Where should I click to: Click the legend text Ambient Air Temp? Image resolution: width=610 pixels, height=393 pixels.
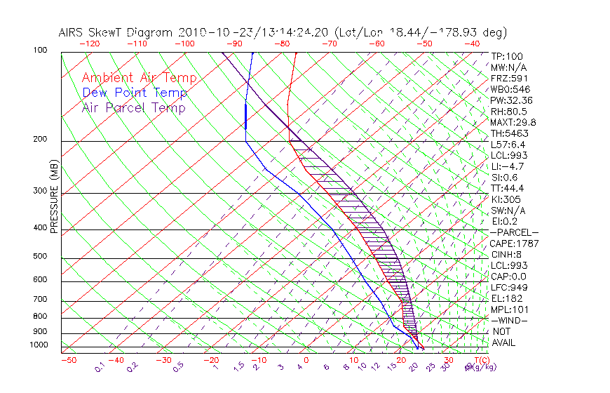(140, 78)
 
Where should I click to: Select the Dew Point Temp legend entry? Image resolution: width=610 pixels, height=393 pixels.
(135, 93)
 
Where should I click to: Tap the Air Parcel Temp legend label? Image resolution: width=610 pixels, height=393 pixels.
(133, 107)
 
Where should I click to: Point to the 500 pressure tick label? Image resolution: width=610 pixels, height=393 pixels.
(40, 256)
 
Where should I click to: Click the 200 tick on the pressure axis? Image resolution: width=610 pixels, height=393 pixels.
(40, 139)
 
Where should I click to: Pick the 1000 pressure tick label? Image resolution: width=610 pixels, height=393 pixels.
(38, 345)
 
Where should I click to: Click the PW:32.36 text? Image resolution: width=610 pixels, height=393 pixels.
(512, 100)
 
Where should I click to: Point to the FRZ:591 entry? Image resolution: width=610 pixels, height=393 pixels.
(510, 79)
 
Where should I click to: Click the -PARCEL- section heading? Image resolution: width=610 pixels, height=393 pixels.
(514, 232)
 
